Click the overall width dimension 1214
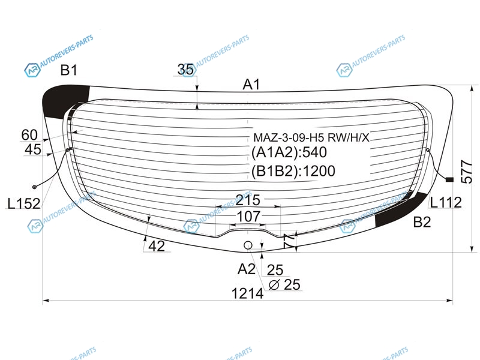click(247, 293)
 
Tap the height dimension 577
click(467, 172)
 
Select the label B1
click(68, 70)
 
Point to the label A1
click(251, 84)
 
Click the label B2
click(422, 222)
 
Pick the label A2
click(246, 269)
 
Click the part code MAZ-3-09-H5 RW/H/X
click(311, 138)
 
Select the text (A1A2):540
click(289, 152)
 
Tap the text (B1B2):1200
click(293, 171)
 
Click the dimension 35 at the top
click(185, 70)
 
